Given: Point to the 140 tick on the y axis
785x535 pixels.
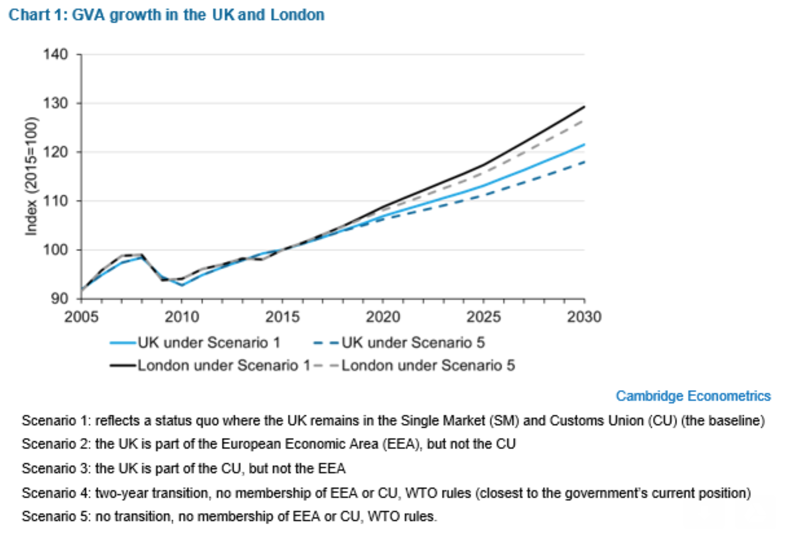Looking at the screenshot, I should (56, 54).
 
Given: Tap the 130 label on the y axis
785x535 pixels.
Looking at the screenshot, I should (56, 104).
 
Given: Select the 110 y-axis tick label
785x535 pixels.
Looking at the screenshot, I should (56, 201).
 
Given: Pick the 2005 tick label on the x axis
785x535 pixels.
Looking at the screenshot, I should (81, 317).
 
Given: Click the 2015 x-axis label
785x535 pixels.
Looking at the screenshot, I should (282, 317).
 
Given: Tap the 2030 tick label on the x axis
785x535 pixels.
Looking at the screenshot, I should (584, 317).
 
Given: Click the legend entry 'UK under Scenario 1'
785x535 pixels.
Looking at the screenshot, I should (209, 343).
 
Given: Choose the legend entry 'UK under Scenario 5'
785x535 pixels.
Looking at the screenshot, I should (413, 343).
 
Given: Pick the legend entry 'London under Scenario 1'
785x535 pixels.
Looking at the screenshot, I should (224, 366).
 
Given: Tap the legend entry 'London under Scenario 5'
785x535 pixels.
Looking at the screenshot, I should (428, 366).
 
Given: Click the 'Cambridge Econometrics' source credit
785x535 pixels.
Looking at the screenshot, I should (693, 396).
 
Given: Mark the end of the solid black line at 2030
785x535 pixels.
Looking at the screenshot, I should (584, 107).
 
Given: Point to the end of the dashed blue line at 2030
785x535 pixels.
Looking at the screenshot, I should (584, 162).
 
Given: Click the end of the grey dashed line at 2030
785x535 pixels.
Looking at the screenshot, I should (584, 121).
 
